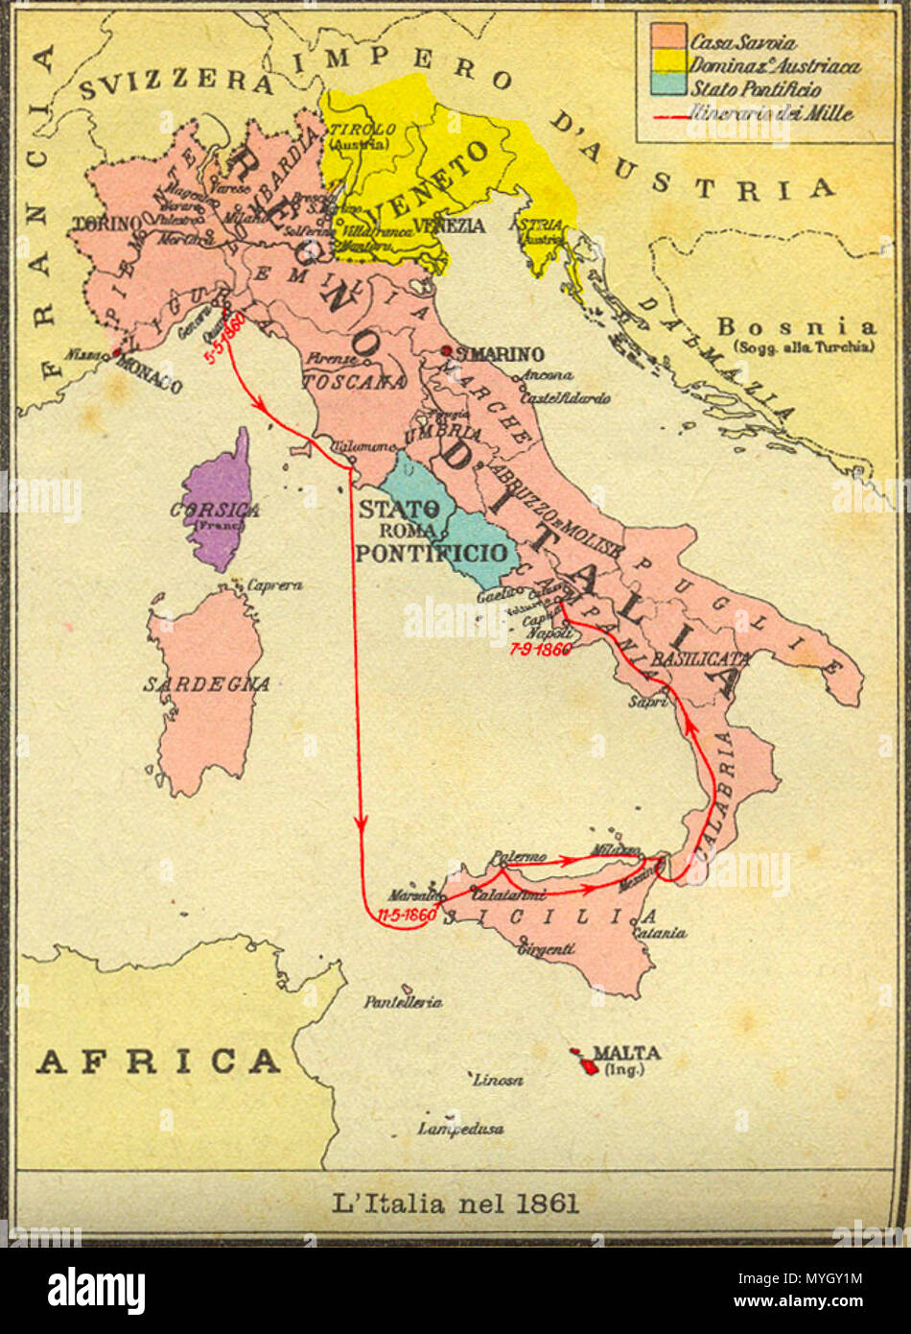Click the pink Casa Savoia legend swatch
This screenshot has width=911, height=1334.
tap(668, 36)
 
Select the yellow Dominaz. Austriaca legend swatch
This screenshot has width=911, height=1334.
tap(668, 62)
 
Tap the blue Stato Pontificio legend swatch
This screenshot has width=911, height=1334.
tap(668, 85)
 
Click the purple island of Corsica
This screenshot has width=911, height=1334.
tap(220, 504)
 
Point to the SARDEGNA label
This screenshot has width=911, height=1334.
tap(206, 684)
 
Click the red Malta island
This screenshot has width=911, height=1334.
tap(581, 1059)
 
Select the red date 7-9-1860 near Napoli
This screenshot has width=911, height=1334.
tap(541, 649)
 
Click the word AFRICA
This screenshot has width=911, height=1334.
tap(158, 1061)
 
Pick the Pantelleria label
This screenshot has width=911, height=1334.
tap(403, 1002)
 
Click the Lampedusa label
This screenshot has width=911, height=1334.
tap(460, 1130)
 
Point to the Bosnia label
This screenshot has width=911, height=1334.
tap(796, 326)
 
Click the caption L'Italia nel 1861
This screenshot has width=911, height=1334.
tap(455, 1203)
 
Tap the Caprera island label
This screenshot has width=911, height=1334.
tap(274, 584)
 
